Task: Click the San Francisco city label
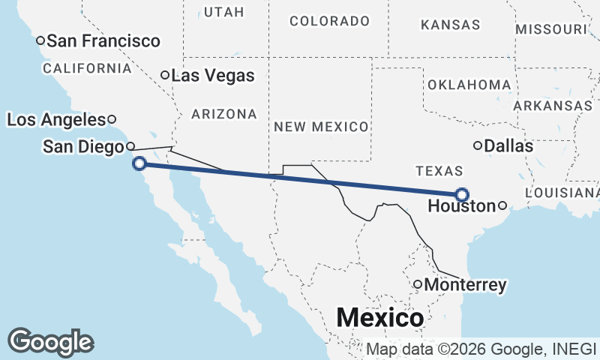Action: click(103, 41)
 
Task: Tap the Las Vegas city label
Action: click(213, 76)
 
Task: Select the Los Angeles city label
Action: click(56, 119)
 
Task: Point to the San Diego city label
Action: click(82, 147)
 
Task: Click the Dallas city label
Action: click(508, 146)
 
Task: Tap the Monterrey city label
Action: click(465, 285)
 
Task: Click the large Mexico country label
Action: click(379, 317)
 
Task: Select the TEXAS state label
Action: click(439, 170)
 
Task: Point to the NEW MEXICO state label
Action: click(321, 127)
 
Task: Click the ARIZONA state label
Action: click(224, 114)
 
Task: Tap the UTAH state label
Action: click(223, 13)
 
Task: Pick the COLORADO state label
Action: click(329, 21)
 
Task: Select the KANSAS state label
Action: click(451, 25)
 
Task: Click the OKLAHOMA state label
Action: click(469, 85)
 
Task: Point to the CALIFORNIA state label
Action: click(87, 68)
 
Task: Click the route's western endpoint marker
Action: click(139, 163)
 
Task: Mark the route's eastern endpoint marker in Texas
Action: click(461, 193)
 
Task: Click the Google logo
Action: click(50, 342)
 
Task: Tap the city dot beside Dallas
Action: click(477, 145)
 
